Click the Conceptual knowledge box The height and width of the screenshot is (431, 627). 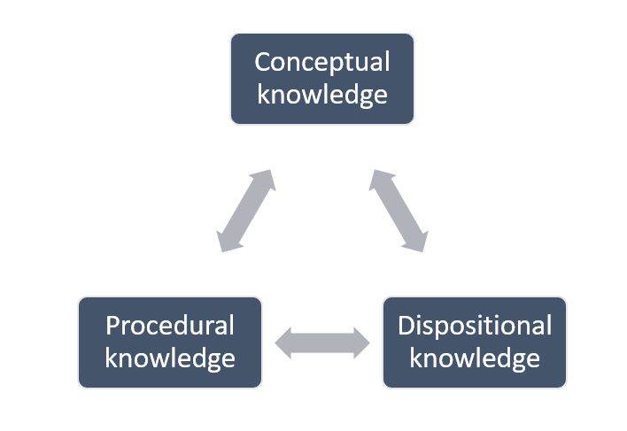point(322,79)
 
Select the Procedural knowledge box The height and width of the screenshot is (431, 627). point(170,342)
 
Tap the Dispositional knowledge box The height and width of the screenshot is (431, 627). point(475,342)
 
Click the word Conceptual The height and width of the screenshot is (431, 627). point(322,63)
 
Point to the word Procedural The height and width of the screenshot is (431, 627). point(170,326)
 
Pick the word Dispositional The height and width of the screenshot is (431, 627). point(475,326)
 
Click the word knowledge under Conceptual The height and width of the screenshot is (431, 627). point(322,95)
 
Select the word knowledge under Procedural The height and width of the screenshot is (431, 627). point(170,358)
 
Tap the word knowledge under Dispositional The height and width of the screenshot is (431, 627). point(475,358)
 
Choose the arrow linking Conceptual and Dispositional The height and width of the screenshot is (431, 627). point(399,211)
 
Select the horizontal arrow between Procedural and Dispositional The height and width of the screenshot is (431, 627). point(322,342)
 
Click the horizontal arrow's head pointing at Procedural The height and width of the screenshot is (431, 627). point(284,342)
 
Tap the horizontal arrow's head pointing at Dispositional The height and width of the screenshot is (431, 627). point(360,342)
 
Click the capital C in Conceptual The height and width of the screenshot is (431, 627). point(263,63)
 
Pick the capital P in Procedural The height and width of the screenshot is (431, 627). point(112,326)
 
